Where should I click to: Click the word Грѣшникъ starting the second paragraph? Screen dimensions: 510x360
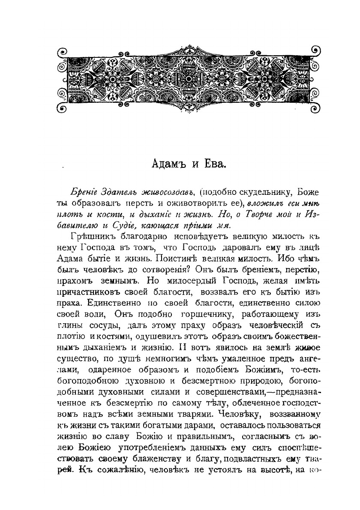coord(90,236)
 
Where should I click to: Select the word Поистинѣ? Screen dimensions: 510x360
coord(177,259)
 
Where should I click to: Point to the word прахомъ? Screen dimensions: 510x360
coord(77,281)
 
